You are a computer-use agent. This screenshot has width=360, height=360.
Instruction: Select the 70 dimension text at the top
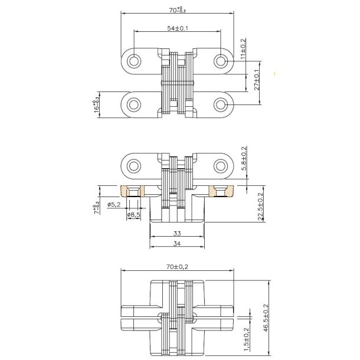(178, 9)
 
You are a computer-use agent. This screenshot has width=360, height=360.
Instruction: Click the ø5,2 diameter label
(116, 204)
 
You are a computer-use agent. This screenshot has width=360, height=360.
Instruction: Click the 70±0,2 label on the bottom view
(178, 267)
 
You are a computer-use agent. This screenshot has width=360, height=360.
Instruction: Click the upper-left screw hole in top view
(134, 60)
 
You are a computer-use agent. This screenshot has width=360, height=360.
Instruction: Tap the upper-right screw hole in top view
(221, 60)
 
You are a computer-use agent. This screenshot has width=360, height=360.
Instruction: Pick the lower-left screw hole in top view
(134, 104)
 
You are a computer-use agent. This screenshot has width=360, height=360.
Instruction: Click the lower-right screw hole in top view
(221, 104)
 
